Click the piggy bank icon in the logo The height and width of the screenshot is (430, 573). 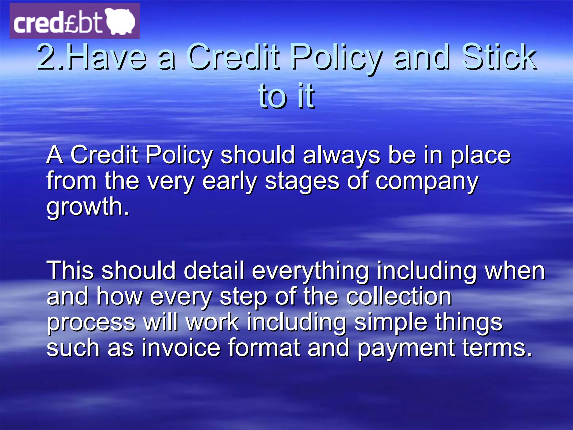click(x=121, y=21)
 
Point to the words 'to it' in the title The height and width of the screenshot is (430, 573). click(x=286, y=96)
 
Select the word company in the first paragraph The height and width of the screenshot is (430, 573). click(x=427, y=181)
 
